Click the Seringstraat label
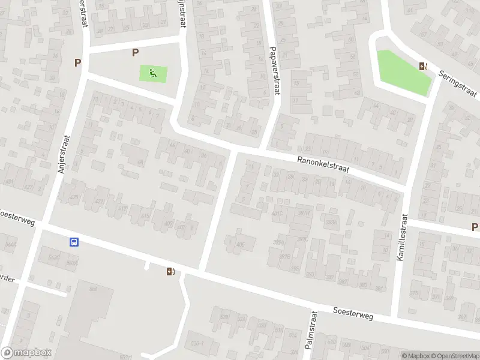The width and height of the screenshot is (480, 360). [x=457, y=83]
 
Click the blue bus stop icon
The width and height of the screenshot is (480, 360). [x=74, y=242]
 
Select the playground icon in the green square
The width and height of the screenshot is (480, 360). [x=153, y=74]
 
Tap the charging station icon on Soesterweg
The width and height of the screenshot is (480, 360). [x=171, y=271]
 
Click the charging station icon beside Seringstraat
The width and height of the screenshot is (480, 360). [x=424, y=67]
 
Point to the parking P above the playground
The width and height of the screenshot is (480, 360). [x=135, y=53]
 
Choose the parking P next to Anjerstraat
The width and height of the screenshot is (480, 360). [x=77, y=62]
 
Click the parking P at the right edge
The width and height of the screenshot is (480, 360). [x=475, y=227]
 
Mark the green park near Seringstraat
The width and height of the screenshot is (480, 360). [x=402, y=71]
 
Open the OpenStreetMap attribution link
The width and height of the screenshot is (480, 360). [x=454, y=356]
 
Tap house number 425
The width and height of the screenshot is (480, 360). [x=74, y=197]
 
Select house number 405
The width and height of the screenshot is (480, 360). [x=241, y=245]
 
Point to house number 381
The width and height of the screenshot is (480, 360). [x=379, y=289]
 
